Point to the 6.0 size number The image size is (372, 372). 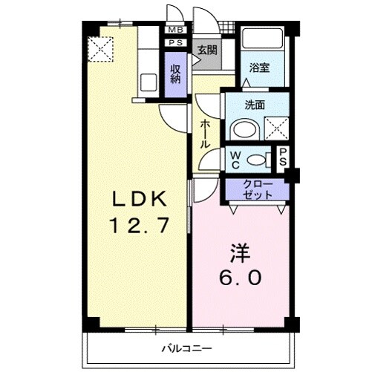[239, 279]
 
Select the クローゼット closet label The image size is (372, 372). [257, 189]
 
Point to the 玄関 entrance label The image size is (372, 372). [206, 50]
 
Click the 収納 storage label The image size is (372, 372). [176, 74]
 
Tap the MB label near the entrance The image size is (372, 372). [175, 30]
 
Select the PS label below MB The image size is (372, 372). [175, 43]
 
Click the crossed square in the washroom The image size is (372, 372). [275, 128]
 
